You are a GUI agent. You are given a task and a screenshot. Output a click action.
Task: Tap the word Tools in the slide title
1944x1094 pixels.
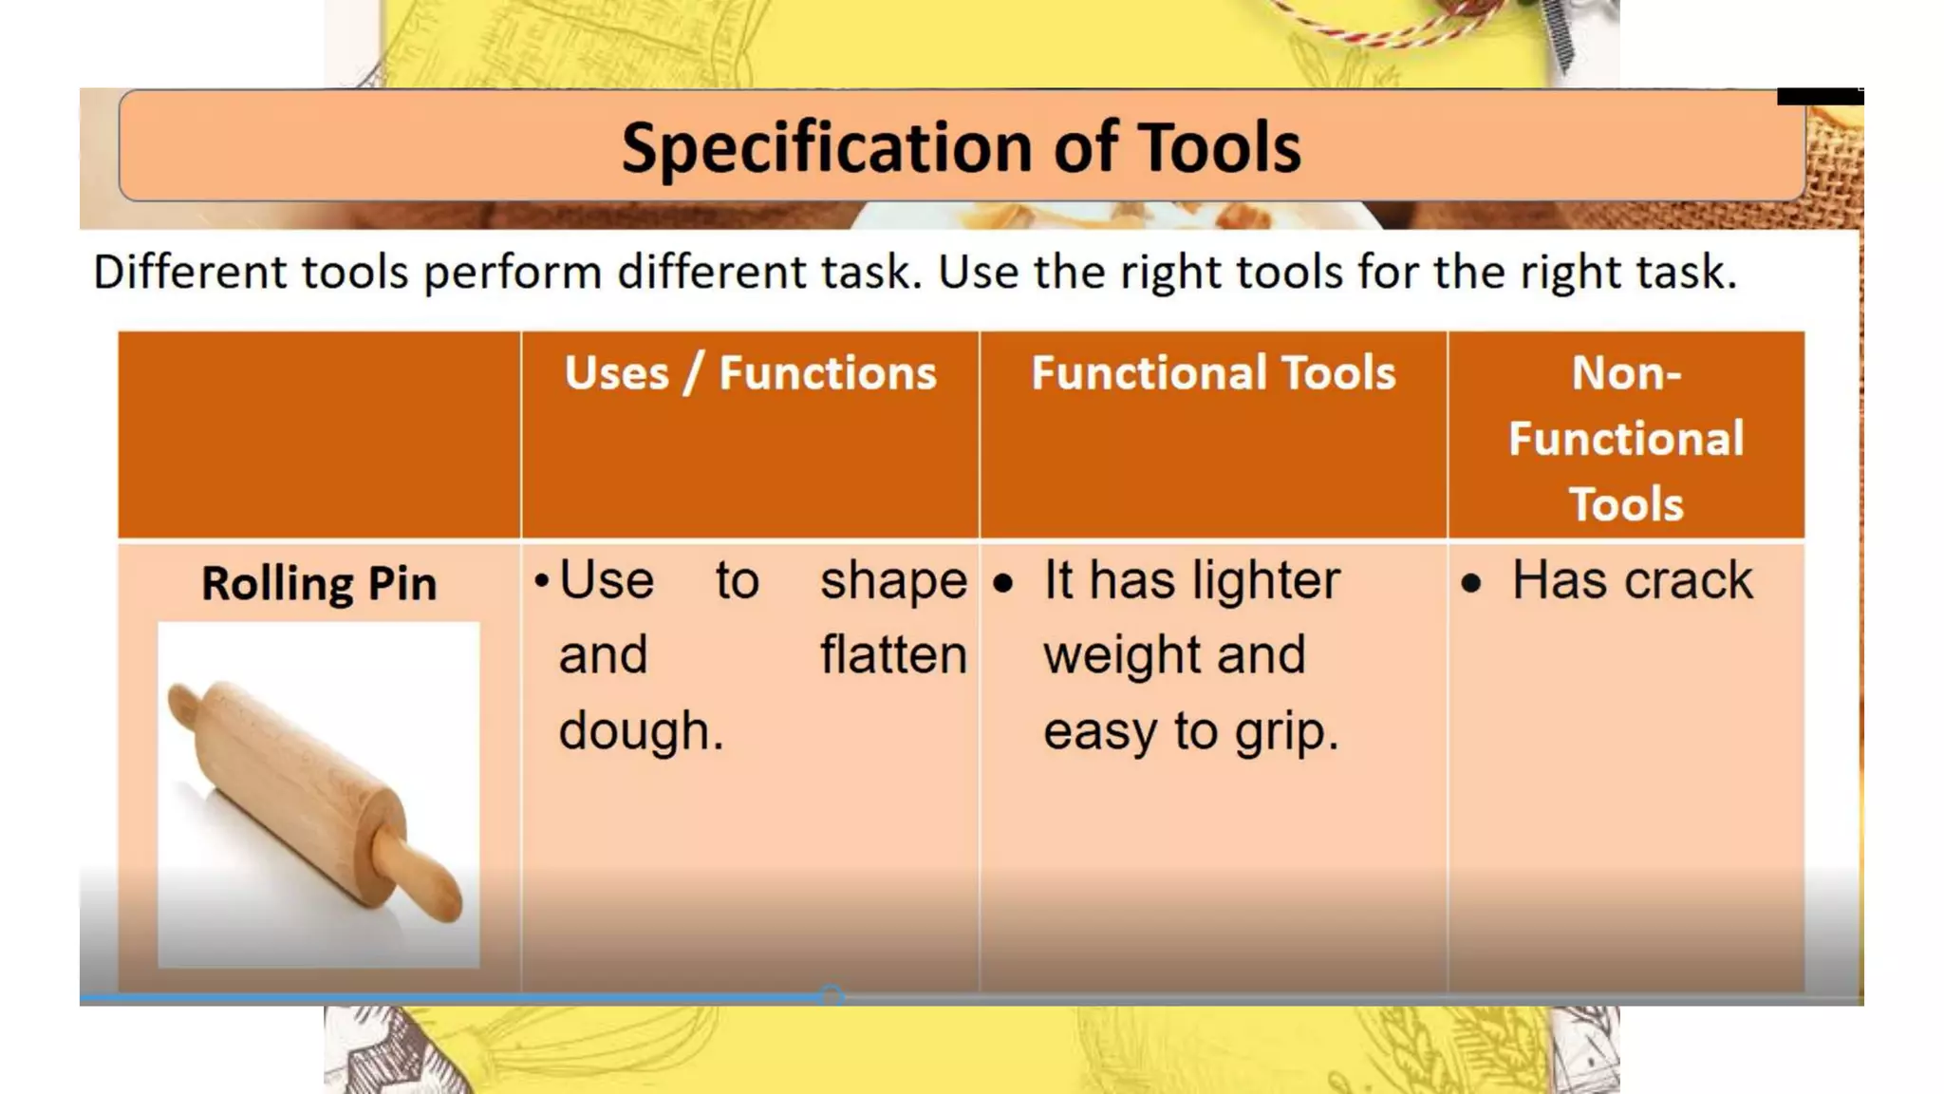[x=1220, y=148]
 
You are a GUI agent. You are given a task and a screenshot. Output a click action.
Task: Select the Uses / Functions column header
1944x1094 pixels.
[x=750, y=372]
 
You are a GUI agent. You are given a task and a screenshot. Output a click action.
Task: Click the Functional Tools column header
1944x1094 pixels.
[x=1213, y=372]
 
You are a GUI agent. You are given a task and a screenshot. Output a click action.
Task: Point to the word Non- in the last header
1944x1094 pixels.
[x=1626, y=372]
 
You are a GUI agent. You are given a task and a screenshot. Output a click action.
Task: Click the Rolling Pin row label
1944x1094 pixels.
[x=319, y=583]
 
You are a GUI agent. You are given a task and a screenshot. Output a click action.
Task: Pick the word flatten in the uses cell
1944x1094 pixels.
[x=893, y=655]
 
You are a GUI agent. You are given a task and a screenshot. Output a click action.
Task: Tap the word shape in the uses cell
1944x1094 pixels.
[x=893, y=580]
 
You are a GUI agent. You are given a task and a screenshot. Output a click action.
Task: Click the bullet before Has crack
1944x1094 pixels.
[x=1471, y=583]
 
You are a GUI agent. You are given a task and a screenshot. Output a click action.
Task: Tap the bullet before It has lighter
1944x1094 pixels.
[x=1003, y=583]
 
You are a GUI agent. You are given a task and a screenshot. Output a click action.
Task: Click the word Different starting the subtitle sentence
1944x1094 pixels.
[x=189, y=273]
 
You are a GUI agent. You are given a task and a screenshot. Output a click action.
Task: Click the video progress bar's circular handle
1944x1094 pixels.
[x=832, y=995]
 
